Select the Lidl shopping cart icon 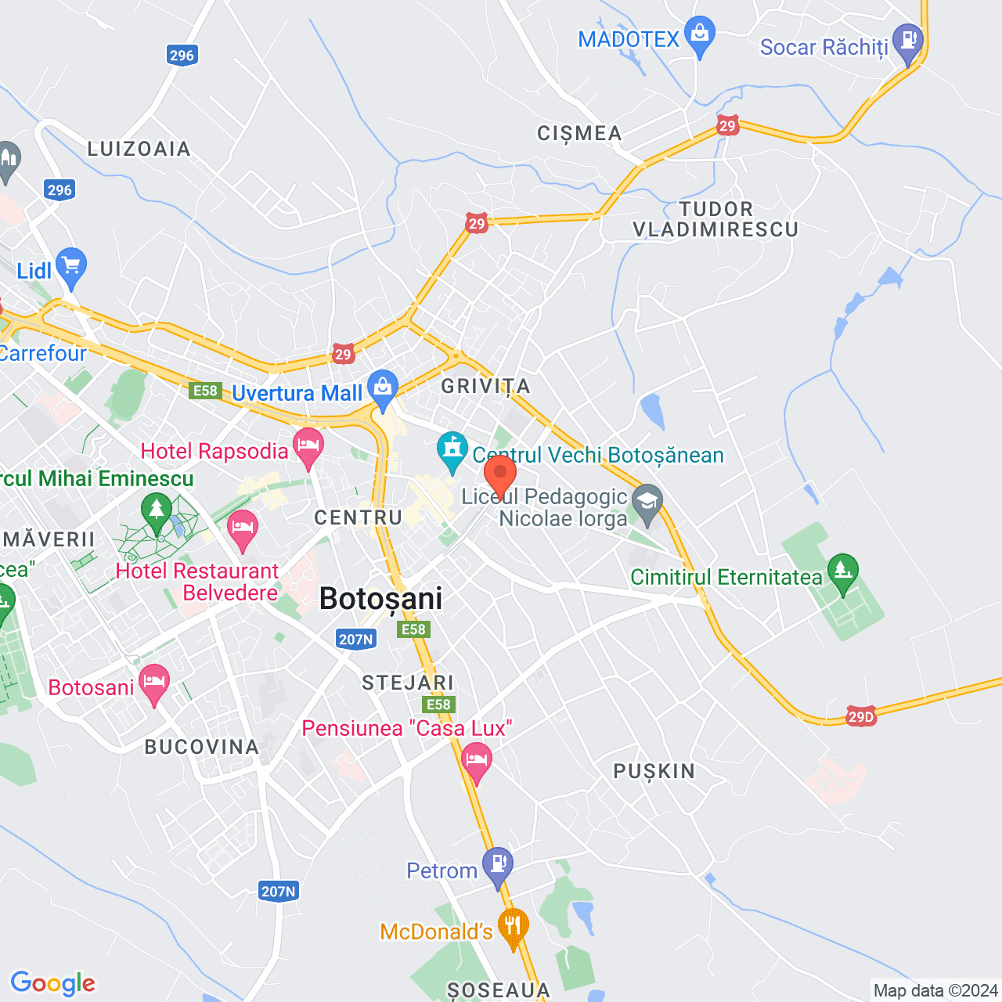coord(71,267)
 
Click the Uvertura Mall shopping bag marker coord(383,388)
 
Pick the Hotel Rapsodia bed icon coord(308,447)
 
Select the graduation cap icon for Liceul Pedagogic coord(647,502)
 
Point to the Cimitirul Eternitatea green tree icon coord(843,571)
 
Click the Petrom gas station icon coord(498,865)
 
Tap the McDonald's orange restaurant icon coord(514,927)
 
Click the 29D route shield coord(861,716)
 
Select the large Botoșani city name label coord(381,599)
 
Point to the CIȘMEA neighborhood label coord(579,134)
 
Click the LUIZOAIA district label coord(139,149)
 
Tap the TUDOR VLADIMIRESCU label coord(715,219)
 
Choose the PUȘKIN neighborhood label coord(654,772)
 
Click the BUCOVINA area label coord(202,747)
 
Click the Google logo coord(53,983)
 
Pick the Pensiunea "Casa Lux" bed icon coord(477,760)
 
